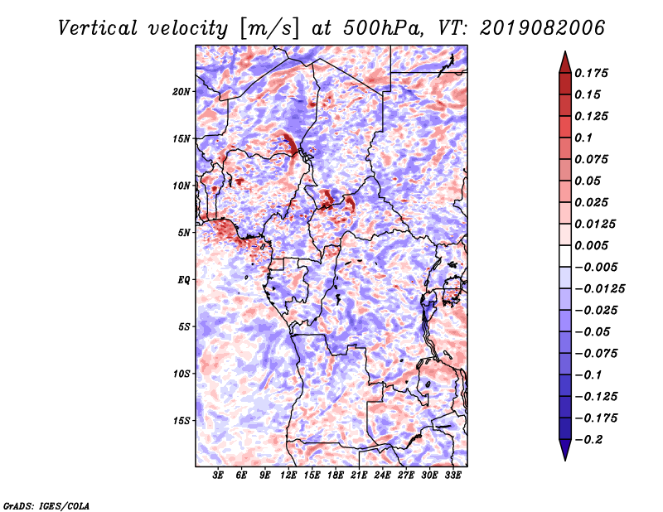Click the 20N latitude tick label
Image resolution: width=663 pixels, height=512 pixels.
tap(181, 92)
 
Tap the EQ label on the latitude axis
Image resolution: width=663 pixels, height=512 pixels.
tap(184, 280)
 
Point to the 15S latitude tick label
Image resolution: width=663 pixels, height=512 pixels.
tap(181, 421)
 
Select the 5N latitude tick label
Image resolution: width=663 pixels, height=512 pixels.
tap(184, 233)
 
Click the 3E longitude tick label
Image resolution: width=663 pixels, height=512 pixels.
tap(218, 476)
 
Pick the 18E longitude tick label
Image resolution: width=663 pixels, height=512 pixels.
tap(336, 476)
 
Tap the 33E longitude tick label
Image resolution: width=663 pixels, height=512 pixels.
tap(452, 476)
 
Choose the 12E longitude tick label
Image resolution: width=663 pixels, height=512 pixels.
tap(288, 476)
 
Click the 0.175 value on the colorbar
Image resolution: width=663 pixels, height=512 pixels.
tap(591, 73)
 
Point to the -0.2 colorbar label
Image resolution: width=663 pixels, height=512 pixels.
tap(588, 440)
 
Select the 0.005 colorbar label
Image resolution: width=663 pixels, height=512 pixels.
tap(591, 245)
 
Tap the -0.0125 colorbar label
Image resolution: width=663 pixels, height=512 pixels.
tap(599, 289)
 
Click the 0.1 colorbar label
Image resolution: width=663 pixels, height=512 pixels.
tap(583, 138)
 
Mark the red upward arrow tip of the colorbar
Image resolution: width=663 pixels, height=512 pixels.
tap(565, 51)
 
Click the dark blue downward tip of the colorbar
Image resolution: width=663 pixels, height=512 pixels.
tap(565, 460)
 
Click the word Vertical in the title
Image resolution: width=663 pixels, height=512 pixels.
tap(98, 28)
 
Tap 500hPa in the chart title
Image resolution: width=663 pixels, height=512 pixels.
tap(383, 28)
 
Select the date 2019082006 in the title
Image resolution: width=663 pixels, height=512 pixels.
tap(542, 28)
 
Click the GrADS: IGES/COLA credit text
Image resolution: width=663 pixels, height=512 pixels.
tap(46, 505)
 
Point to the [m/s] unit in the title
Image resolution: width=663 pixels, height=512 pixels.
tap(269, 28)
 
